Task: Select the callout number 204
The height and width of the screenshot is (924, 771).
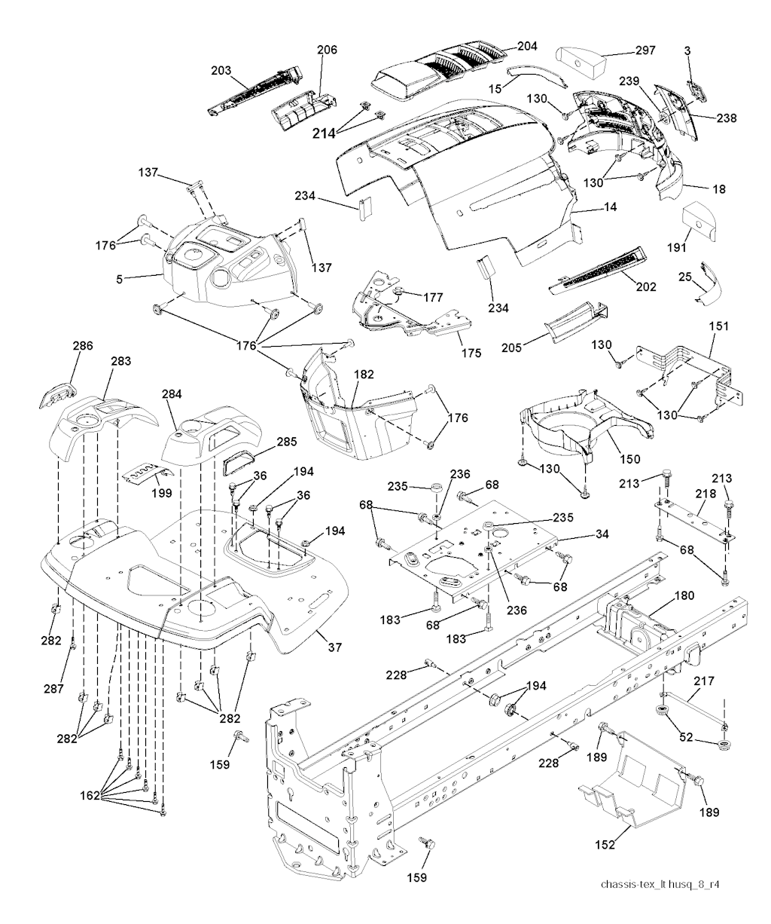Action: tap(527, 46)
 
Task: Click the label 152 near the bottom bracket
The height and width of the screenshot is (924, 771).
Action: tap(605, 845)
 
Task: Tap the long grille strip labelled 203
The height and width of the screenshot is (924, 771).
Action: tap(256, 90)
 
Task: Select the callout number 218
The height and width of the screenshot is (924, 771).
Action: tap(705, 492)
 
